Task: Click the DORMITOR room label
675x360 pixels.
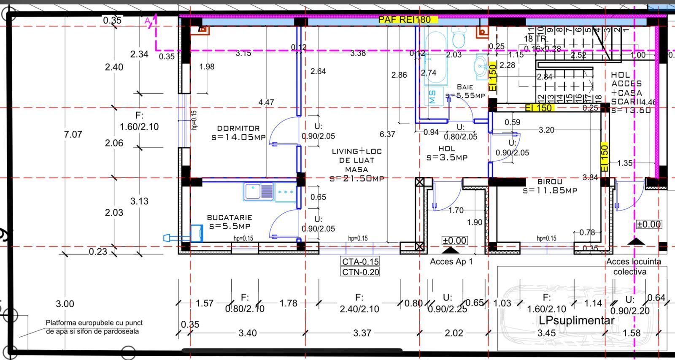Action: (x=238, y=128)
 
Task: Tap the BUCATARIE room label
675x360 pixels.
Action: (x=229, y=218)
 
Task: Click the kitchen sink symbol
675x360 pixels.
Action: (x=259, y=192)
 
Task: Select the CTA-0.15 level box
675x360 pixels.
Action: (x=360, y=262)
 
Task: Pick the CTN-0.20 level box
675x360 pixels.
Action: (x=360, y=272)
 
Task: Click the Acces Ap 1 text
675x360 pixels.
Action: (x=451, y=262)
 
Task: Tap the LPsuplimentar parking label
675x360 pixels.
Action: (x=576, y=320)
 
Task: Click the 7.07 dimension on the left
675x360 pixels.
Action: (x=73, y=135)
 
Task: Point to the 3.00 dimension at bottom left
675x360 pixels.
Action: (x=65, y=304)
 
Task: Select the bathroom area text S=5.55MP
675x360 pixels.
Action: (x=465, y=95)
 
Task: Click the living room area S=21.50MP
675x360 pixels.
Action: (x=357, y=179)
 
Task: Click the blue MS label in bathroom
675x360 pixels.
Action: (x=433, y=97)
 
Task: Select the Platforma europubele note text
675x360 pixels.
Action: (x=94, y=327)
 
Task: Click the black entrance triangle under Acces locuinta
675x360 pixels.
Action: (x=636, y=241)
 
